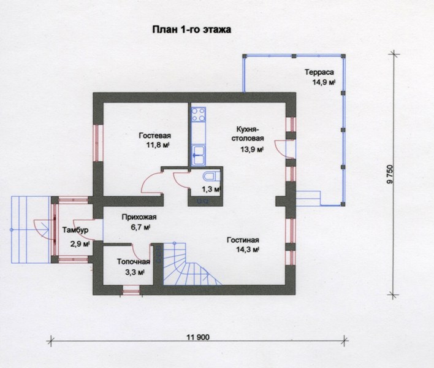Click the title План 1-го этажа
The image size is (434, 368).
(x=191, y=29)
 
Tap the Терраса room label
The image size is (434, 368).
(x=319, y=72)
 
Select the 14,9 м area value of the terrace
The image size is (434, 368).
(x=324, y=82)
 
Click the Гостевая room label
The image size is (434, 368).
(x=154, y=136)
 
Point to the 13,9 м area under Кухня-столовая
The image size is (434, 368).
(x=252, y=150)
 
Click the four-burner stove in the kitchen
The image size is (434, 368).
(x=199, y=115)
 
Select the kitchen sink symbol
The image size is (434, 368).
(x=199, y=155)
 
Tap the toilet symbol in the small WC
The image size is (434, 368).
(x=211, y=176)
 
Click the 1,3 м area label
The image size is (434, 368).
(x=211, y=190)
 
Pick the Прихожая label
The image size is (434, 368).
(x=139, y=217)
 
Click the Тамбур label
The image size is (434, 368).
(x=75, y=230)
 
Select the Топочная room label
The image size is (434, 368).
(x=134, y=262)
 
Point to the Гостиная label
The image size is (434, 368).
(x=243, y=240)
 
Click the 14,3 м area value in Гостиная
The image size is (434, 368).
(x=248, y=250)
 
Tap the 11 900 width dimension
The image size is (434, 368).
(x=198, y=337)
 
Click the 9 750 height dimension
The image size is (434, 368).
(x=390, y=174)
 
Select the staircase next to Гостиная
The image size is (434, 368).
(x=188, y=264)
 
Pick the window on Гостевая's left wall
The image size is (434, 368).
(x=97, y=143)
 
